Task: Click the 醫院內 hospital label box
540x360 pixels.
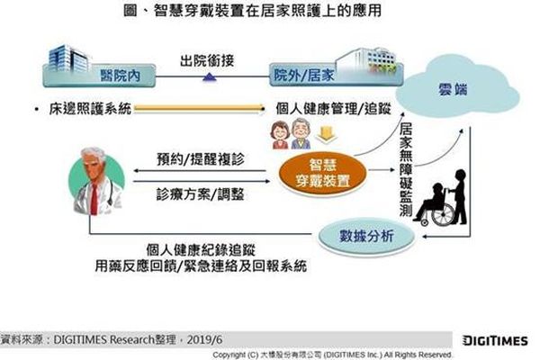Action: coord(99,76)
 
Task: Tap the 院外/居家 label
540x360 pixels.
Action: coord(304,76)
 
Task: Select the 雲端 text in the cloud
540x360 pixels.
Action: coord(453,90)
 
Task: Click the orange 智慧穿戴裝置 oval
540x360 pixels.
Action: coord(322,174)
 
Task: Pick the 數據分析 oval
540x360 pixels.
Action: coord(366,237)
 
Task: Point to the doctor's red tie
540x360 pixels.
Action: coord(94,199)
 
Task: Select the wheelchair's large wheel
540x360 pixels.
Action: coord(443,214)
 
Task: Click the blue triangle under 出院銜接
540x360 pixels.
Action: coord(210,76)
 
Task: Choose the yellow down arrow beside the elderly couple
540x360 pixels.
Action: coord(326,135)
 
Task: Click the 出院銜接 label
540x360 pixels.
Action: coord(207,61)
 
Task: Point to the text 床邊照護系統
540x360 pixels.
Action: coord(90,109)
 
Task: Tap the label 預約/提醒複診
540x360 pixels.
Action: coord(201,159)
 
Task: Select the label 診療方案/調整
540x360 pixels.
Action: coord(200,194)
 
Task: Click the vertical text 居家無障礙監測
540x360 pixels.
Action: coord(406,169)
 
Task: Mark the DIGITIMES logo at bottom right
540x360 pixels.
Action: coord(495,341)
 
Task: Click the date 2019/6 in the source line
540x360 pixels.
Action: coord(204,340)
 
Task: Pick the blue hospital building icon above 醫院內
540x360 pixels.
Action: coord(67,58)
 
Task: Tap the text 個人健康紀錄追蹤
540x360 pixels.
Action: coord(201,249)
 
